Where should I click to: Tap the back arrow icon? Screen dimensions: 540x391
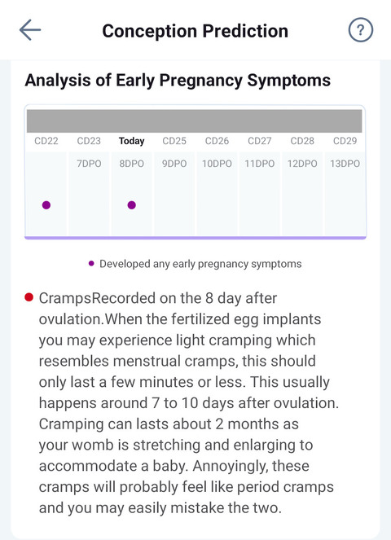click(x=30, y=31)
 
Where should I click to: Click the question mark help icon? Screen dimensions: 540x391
click(x=360, y=31)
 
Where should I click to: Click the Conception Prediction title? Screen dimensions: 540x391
click(x=195, y=31)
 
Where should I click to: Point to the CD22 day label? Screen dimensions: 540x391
click(x=46, y=141)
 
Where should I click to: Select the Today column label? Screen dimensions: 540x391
click(x=131, y=141)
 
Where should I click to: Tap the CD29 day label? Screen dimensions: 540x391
click(x=345, y=141)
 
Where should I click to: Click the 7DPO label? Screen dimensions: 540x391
click(x=89, y=164)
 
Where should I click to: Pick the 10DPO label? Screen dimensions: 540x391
click(x=217, y=164)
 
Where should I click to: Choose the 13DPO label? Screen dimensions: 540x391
click(x=345, y=164)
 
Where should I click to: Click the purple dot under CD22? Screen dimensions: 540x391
click(x=46, y=205)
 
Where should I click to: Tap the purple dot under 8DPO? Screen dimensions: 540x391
click(x=131, y=205)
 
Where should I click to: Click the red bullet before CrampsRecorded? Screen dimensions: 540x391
click(x=29, y=298)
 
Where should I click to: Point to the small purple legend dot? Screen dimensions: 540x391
click(x=91, y=264)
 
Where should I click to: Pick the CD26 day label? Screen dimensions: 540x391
click(x=217, y=141)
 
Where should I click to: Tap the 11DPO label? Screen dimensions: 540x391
click(x=260, y=164)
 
